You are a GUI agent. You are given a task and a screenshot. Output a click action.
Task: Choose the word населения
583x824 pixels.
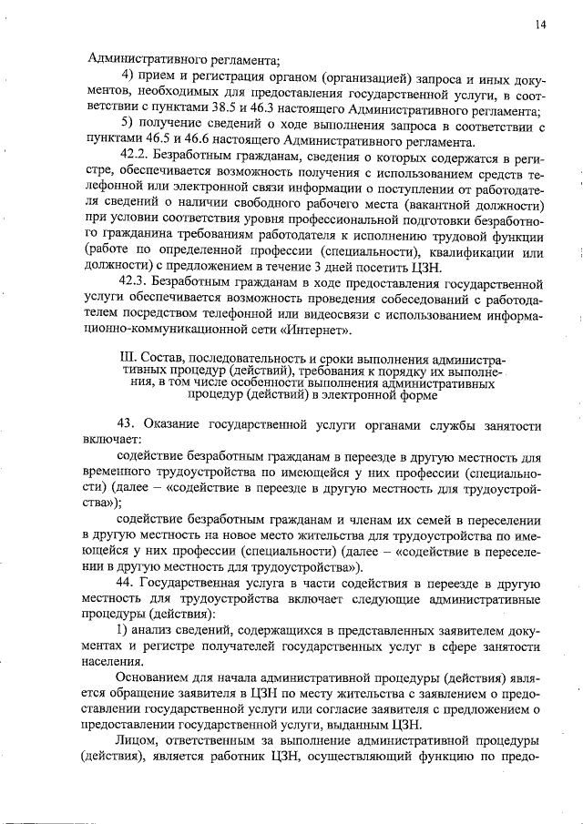click(114, 667)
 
